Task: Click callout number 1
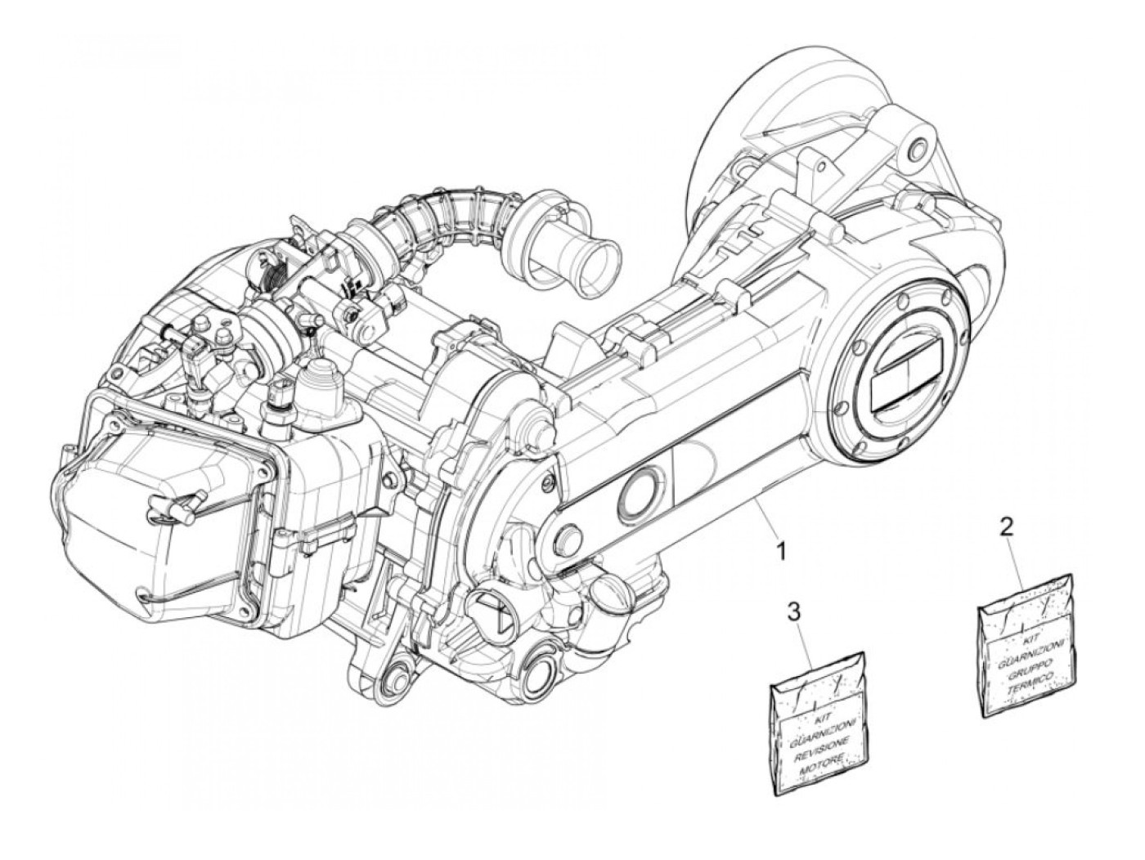point(781,553)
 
